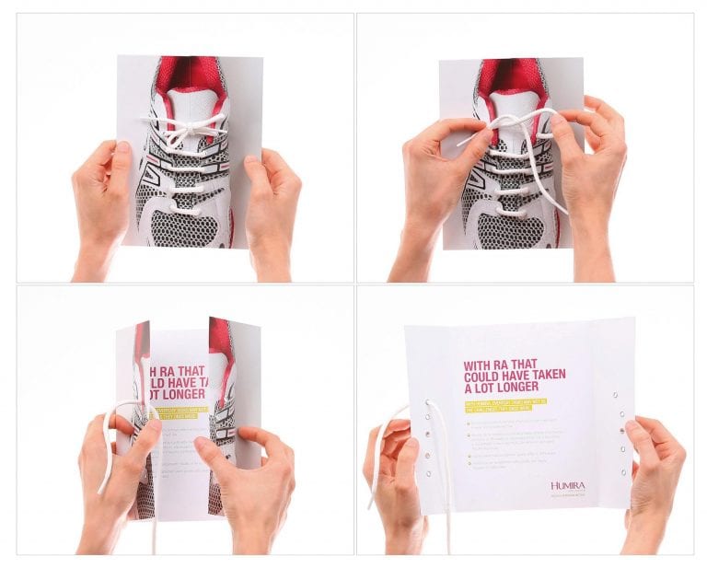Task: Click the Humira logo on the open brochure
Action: (567, 485)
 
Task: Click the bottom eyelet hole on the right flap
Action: (622, 472)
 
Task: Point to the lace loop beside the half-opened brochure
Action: (112, 442)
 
